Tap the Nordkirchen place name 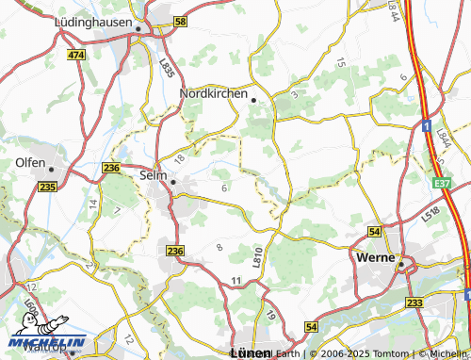tap(213, 94)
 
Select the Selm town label tap(152, 174)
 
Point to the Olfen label tap(30, 162)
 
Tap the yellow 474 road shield tap(76, 56)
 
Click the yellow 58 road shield tap(181, 20)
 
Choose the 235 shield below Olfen tap(48, 188)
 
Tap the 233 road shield tap(414, 302)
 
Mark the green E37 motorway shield tap(443, 182)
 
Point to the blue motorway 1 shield tap(426, 124)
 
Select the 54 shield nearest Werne tap(374, 231)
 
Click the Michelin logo tap(47, 340)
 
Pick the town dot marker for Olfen tap(53, 170)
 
